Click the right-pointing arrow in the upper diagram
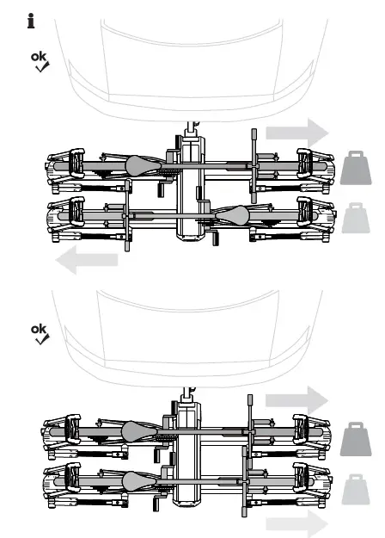click(296, 133)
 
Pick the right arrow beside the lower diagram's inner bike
click(296, 399)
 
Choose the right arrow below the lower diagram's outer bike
click(296, 524)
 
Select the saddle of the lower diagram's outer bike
click(137, 479)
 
